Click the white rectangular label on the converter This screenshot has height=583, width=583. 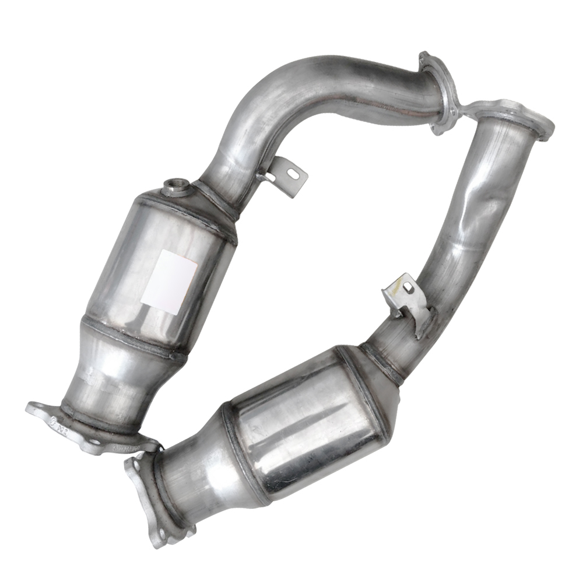pyautogui.click(x=168, y=279)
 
